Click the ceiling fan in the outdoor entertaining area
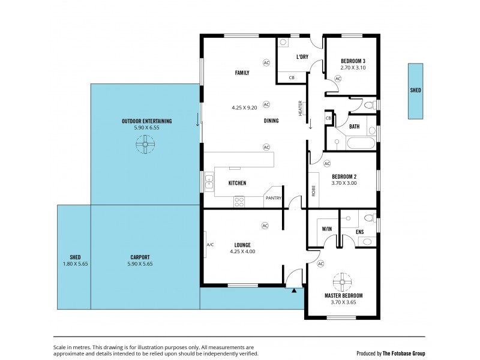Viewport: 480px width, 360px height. [145, 144]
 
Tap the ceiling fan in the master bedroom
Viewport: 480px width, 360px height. [343, 280]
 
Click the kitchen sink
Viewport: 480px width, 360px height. [209, 181]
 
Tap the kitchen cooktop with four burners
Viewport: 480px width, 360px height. [239, 202]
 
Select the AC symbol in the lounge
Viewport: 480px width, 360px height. [265, 226]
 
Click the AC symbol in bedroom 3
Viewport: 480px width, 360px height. [338, 79]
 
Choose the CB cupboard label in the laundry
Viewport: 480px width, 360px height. [292, 78]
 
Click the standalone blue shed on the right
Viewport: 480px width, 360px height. [415, 91]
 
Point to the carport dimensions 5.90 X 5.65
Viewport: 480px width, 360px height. [140, 263]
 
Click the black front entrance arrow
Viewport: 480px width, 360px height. [295, 290]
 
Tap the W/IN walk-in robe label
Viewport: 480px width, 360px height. [327, 229]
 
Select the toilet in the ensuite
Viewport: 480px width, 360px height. [368, 218]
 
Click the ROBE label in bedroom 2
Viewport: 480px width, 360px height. [313, 191]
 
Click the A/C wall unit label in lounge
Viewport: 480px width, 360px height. [210, 245]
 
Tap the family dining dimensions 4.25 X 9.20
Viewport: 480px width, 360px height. [244, 108]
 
